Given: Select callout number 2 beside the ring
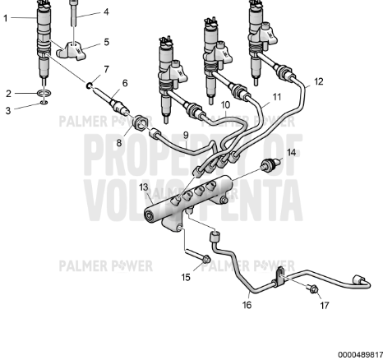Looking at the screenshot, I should click(9, 93).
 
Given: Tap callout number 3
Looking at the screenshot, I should click(9, 109).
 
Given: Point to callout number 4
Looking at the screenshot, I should click(104, 12).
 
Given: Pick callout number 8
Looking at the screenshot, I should click(118, 142).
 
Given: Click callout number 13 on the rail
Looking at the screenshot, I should click(144, 188).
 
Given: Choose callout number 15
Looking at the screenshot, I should click(186, 277).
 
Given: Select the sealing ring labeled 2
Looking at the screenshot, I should click(42, 95).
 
